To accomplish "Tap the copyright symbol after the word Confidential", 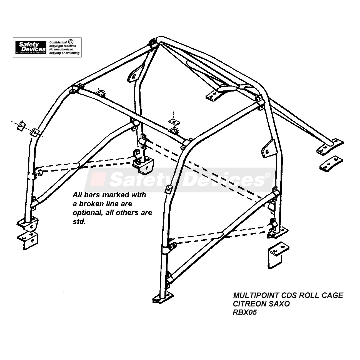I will pyautogui.click(x=71, y=42).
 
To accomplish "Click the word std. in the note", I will pyautogui.click(x=79, y=221).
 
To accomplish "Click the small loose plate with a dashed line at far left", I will pyautogui.click(x=21, y=125).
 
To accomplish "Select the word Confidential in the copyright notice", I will pyautogui.click(x=58, y=42).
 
